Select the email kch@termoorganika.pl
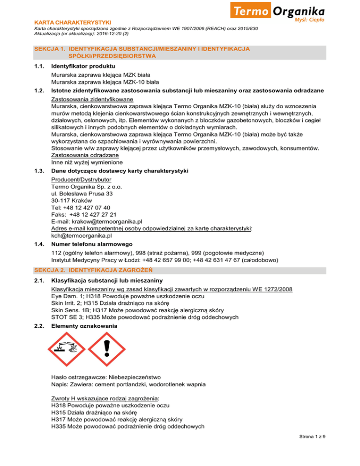82,236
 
